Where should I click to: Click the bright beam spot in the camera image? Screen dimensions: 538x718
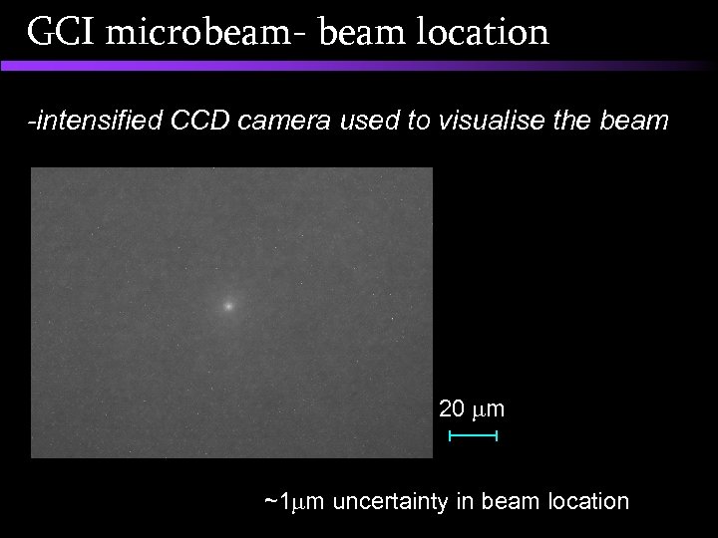(228, 307)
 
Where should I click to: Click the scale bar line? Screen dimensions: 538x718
(474, 436)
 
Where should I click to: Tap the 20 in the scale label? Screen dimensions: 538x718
(452, 408)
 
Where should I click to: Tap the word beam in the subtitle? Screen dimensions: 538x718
(635, 123)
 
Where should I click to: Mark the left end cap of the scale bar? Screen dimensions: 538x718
(451, 436)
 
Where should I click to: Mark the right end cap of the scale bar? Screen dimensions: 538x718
(496, 436)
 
